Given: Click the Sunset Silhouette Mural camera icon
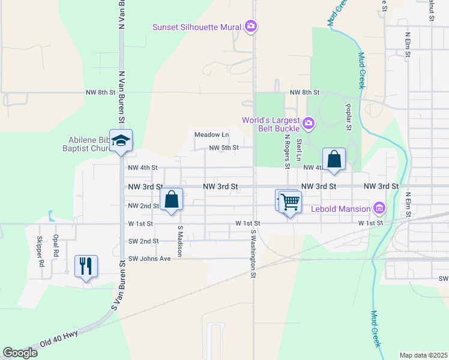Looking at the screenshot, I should click(x=251, y=26).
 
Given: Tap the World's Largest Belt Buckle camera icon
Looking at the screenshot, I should click(x=309, y=124).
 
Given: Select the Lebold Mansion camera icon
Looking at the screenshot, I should click(x=379, y=209).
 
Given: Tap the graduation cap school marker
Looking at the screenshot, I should click(x=121, y=141).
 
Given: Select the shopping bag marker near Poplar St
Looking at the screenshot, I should click(x=334, y=159).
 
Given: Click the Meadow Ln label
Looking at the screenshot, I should click(x=211, y=134).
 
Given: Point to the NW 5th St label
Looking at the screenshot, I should click(x=224, y=148).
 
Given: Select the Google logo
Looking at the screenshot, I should click(x=20, y=352).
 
